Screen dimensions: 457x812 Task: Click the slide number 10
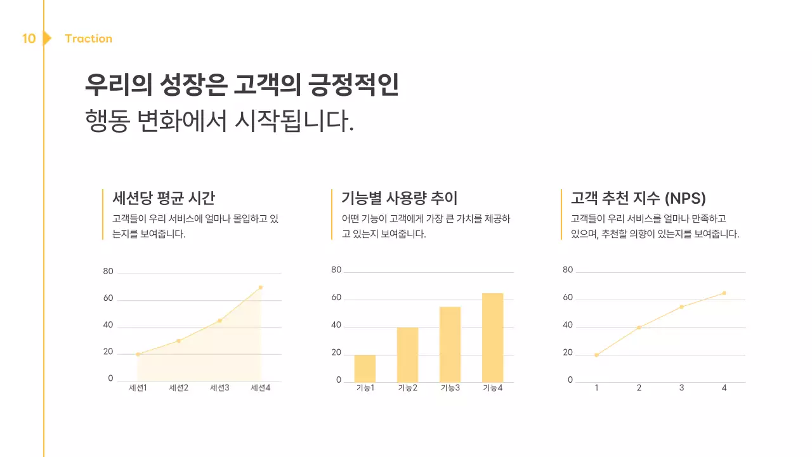pos(29,39)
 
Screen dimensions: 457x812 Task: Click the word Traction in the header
pos(88,39)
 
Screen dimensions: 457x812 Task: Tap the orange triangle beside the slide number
pos(47,39)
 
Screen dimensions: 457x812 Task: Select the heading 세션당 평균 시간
pos(164,197)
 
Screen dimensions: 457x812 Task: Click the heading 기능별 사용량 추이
pos(399,197)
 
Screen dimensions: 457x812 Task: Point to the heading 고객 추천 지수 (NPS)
pos(638,197)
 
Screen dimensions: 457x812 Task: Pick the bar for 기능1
pos(365,368)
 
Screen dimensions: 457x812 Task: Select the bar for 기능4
pos(492,338)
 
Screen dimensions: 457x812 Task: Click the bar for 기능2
pos(407,354)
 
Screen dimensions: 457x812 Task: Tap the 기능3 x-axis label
pos(450,388)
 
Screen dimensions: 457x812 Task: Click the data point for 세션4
pos(261,288)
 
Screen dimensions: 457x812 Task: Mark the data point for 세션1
pos(138,354)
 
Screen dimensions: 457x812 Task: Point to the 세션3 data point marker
pos(219,321)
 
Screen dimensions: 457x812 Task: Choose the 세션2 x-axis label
pos(179,388)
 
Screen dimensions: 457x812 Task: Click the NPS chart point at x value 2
pos(639,328)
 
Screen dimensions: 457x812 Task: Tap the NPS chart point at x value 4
pos(724,293)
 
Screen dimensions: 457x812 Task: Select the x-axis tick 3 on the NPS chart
pos(681,388)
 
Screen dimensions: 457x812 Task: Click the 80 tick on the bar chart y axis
pos(336,270)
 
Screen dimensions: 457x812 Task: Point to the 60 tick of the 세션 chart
pos(108,298)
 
